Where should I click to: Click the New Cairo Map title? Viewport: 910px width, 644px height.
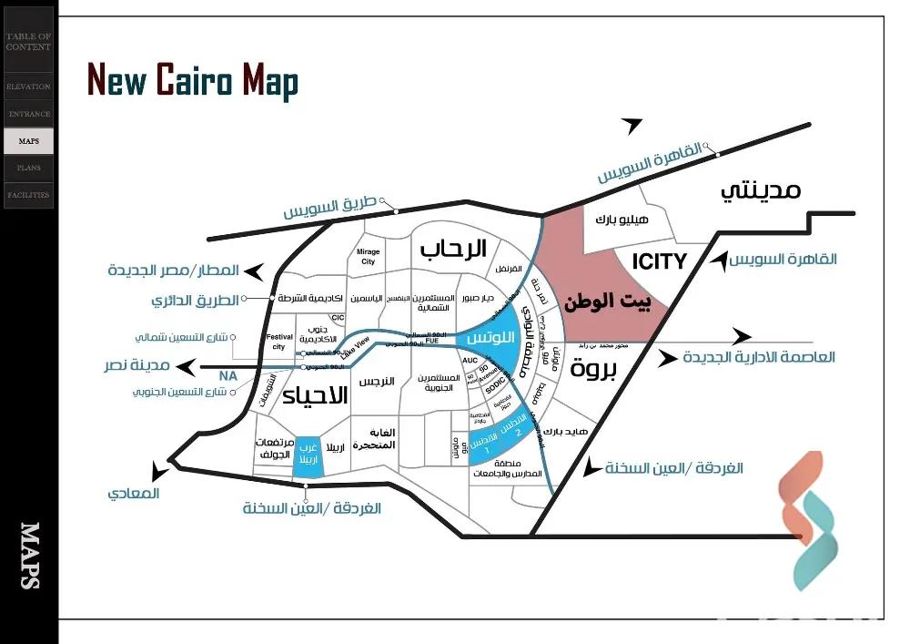192,80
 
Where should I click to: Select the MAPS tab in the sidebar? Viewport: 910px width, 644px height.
28,141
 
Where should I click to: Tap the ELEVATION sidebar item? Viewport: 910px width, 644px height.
28,87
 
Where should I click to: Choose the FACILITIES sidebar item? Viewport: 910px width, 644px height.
28,195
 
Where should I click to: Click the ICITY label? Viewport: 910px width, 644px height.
659,262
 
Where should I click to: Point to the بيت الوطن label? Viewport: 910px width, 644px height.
608,303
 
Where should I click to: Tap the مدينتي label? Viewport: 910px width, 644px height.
761,190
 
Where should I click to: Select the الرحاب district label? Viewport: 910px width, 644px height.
452,248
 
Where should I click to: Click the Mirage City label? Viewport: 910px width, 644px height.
368,256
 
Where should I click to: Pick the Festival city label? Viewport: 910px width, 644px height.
279,342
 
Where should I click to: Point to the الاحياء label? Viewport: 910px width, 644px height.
315,395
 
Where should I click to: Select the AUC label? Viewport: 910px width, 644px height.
470,361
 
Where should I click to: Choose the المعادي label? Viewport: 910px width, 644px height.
133,493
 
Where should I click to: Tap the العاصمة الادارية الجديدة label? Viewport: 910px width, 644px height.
758,357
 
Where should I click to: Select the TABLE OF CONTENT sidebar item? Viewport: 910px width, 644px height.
28,41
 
